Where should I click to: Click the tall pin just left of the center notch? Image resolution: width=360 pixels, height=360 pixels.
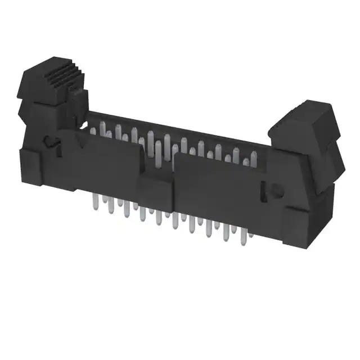click(150, 141)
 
